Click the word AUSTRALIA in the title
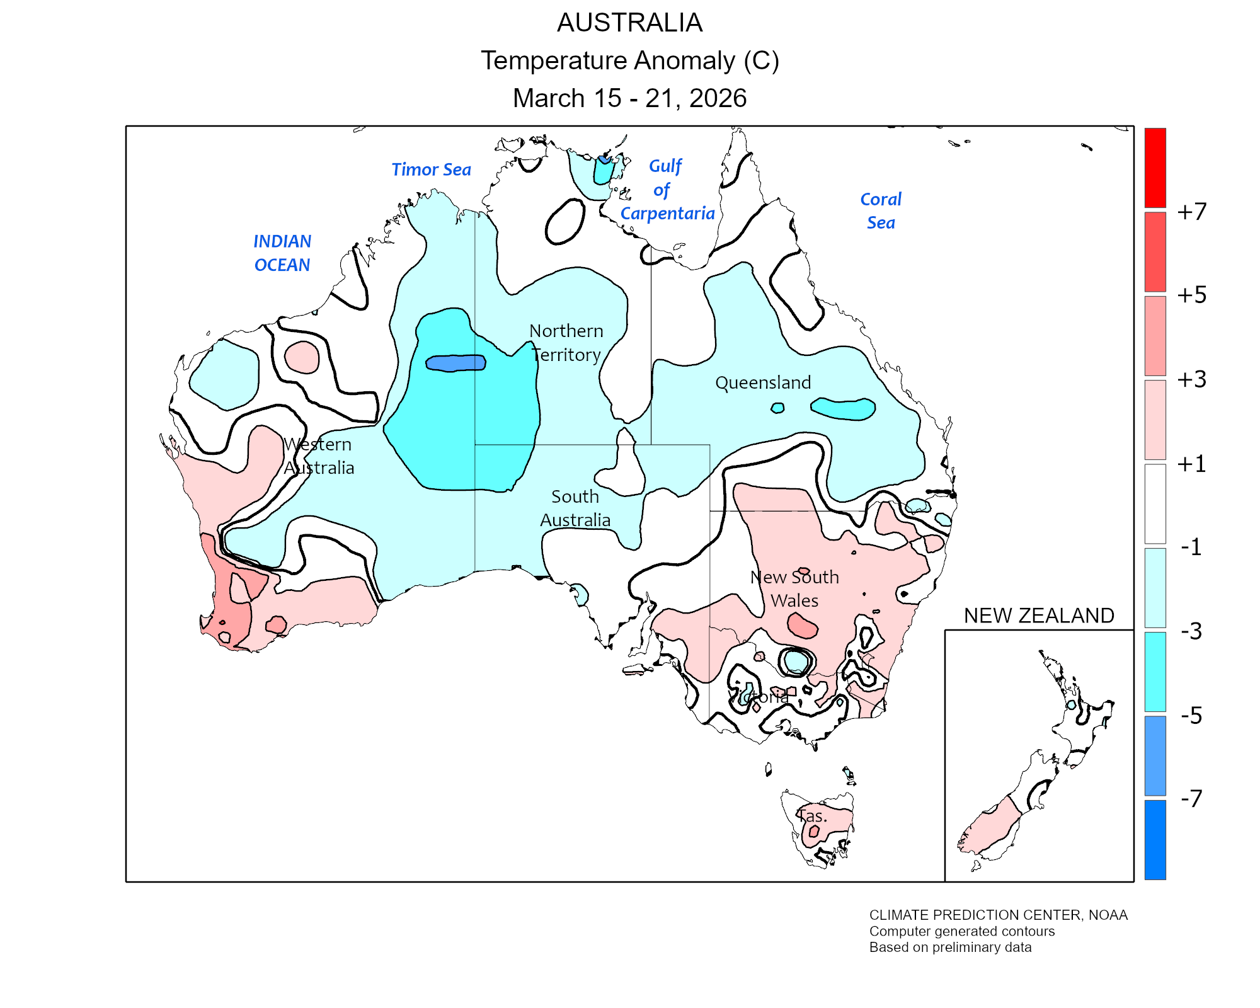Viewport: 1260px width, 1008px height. click(629, 23)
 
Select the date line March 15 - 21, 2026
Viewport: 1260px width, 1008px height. click(629, 98)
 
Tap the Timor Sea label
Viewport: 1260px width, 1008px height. click(431, 169)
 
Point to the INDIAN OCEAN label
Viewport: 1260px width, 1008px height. click(282, 253)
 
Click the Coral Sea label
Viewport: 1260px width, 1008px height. click(881, 211)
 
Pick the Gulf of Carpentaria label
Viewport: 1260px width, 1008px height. click(667, 190)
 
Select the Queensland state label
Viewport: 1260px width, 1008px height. click(763, 382)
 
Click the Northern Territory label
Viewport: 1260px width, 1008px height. click(566, 343)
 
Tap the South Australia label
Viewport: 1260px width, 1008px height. click(575, 508)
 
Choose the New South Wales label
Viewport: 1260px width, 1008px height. click(794, 588)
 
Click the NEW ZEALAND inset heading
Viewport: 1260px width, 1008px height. click(1039, 616)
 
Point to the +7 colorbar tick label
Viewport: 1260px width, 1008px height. click(1191, 212)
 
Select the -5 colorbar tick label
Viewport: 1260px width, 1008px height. click(1191, 716)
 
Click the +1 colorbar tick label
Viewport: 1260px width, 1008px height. click(1191, 464)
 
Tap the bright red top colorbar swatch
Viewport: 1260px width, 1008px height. click(1155, 168)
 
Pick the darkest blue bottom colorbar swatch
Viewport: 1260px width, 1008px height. click(1155, 839)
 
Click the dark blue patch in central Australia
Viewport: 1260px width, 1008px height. click(455, 363)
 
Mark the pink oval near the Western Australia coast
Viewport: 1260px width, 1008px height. click(302, 358)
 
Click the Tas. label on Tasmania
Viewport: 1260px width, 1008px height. click(812, 816)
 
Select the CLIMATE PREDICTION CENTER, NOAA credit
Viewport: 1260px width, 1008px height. click(998, 915)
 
